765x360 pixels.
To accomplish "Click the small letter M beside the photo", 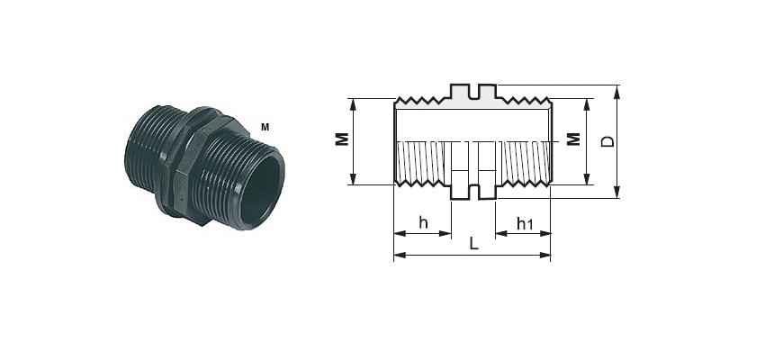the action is (x=265, y=127).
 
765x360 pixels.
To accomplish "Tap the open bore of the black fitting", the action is (x=261, y=190).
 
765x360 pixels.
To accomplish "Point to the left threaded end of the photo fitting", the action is (x=144, y=147).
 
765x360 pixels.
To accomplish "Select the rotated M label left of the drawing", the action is (x=343, y=139).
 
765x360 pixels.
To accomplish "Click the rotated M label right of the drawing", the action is (x=574, y=139).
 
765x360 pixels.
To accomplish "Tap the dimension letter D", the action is (x=607, y=141).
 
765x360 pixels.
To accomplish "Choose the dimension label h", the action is (x=423, y=223).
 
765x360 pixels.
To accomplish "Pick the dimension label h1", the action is (x=525, y=224).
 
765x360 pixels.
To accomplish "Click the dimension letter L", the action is (x=473, y=243).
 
